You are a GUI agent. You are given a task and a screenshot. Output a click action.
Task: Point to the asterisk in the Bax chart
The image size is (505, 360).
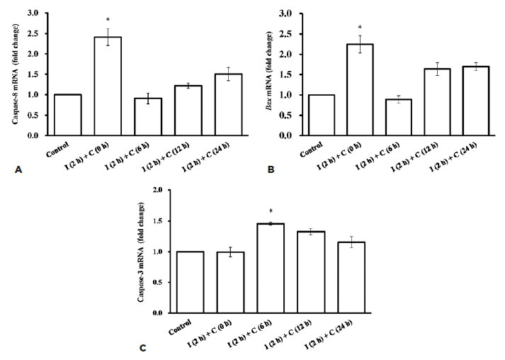tap(360, 27)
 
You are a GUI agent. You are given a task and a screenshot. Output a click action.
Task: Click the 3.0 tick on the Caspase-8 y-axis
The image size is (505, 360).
tap(34, 13)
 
